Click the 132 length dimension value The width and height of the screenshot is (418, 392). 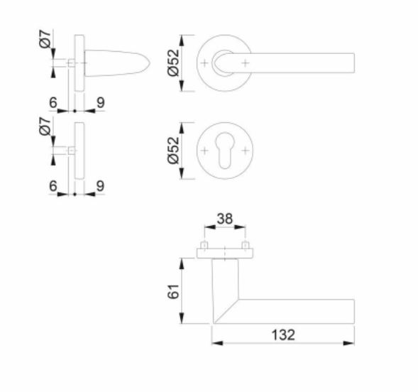282,334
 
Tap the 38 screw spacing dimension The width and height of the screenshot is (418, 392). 225,221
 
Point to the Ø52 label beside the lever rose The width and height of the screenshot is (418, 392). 173,64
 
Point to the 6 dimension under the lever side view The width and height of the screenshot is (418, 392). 53,103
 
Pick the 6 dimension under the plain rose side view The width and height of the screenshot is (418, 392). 53,186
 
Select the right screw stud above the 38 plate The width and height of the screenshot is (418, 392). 246,246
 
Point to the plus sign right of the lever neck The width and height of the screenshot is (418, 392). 246,64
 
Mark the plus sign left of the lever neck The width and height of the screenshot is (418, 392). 206,64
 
